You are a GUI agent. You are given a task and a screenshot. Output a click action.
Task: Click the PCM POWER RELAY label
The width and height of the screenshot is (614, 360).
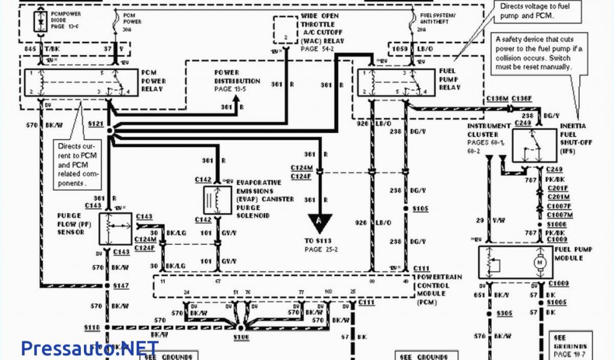point(153,80)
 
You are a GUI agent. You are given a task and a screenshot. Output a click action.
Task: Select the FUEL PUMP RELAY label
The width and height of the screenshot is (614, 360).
point(449,79)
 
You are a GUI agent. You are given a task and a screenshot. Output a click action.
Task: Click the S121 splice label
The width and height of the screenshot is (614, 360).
point(95,122)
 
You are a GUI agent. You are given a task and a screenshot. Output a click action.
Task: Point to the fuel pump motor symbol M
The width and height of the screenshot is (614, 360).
point(539,262)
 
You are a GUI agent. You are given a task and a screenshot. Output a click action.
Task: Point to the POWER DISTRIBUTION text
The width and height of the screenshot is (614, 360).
point(237,80)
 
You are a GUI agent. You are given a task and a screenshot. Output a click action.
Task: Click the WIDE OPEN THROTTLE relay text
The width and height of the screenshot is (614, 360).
point(322,28)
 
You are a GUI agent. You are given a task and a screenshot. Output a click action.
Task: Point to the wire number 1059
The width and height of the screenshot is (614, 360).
point(399,48)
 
